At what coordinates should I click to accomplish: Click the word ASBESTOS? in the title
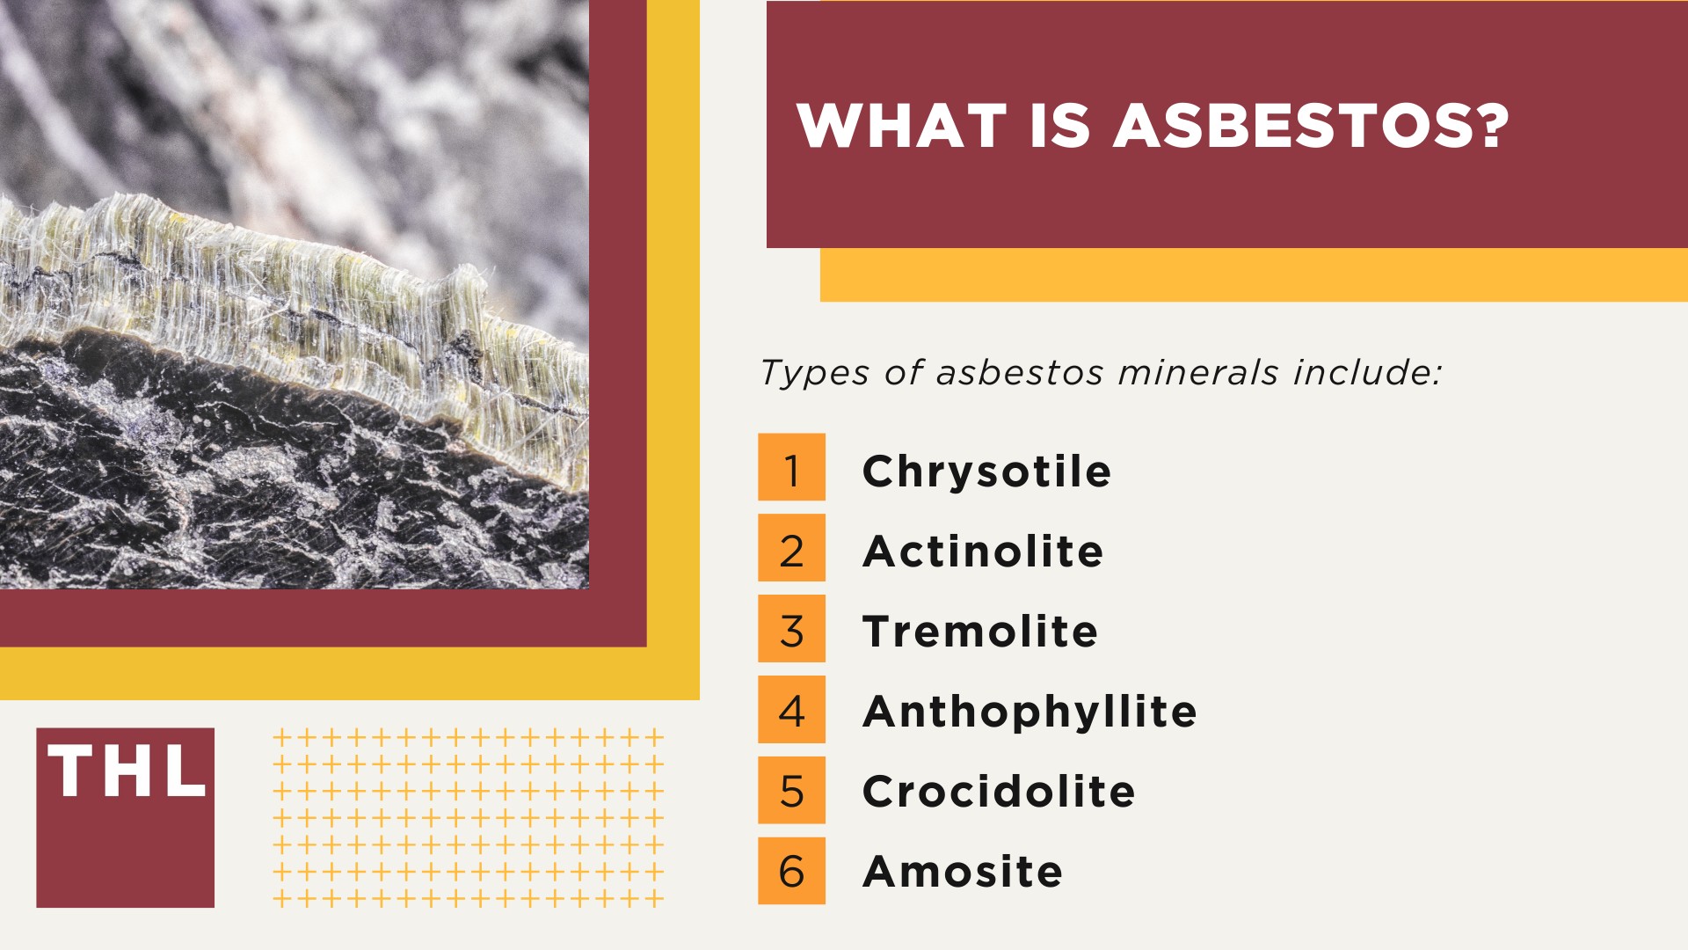pyautogui.click(x=1311, y=125)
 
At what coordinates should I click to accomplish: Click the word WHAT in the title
pyautogui.click(x=901, y=125)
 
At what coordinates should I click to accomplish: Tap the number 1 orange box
pyautogui.click(x=791, y=467)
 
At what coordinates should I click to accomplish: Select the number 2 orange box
pyautogui.click(x=791, y=548)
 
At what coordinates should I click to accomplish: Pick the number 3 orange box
pyautogui.click(x=791, y=628)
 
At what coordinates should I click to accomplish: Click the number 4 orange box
pyautogui.click(x=791, y=709)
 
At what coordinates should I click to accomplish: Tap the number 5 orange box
pyautogui.click(x=791, y=790)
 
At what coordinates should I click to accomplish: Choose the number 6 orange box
pyautogui.click(x=791, y=871)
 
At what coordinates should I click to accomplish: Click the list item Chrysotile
pyautogui.click(x=986, y=471)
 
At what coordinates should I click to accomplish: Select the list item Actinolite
pyautogui.click(x=983, y=552)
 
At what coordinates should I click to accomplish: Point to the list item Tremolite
pyautogui.click(x=980, y=632)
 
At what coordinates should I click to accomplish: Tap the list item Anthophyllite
pyautogui.click(x=1030, y=712)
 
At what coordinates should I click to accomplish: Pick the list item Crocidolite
pyautogui.click(x=999, y=792)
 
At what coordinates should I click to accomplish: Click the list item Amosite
pyautogui.click(x=963, y=872)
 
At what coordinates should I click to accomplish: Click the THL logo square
pyautogui.click(x=125, y=817)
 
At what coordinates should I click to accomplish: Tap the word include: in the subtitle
pyautogui.click(x=1367, y=372)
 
